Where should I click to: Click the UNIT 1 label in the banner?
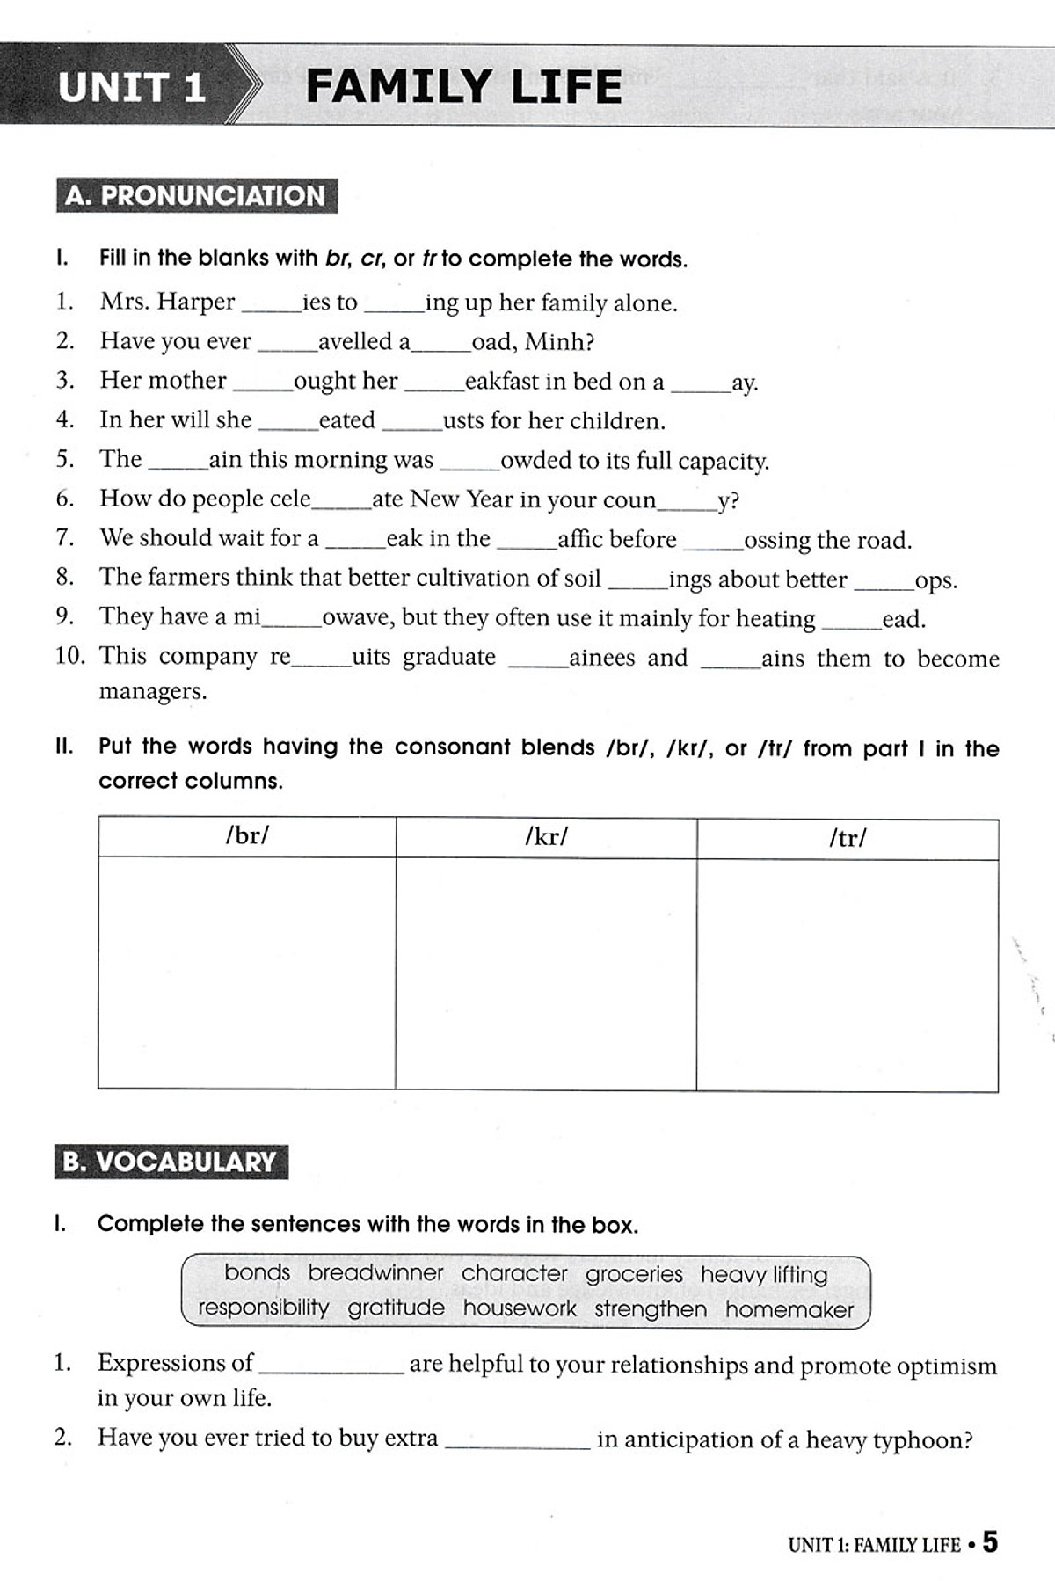(132, 87)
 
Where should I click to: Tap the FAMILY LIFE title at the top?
(463, 87)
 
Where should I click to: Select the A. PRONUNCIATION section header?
(195, 195)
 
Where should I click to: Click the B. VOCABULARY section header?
(170, 1162)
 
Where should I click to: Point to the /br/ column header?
(247, 835)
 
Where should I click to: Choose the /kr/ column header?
(546, 836)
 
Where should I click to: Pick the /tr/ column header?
(848, 838)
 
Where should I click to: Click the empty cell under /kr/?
(546, 973)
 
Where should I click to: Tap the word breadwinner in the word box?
(375, 1272)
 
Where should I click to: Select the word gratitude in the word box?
(396, 1308)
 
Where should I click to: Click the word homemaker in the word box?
(789, 1310)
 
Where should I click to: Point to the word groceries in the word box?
(634, 1273)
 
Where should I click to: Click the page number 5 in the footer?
(990, 1542)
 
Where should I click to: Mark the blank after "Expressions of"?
(331, 1365)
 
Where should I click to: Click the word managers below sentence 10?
(153, 691)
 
